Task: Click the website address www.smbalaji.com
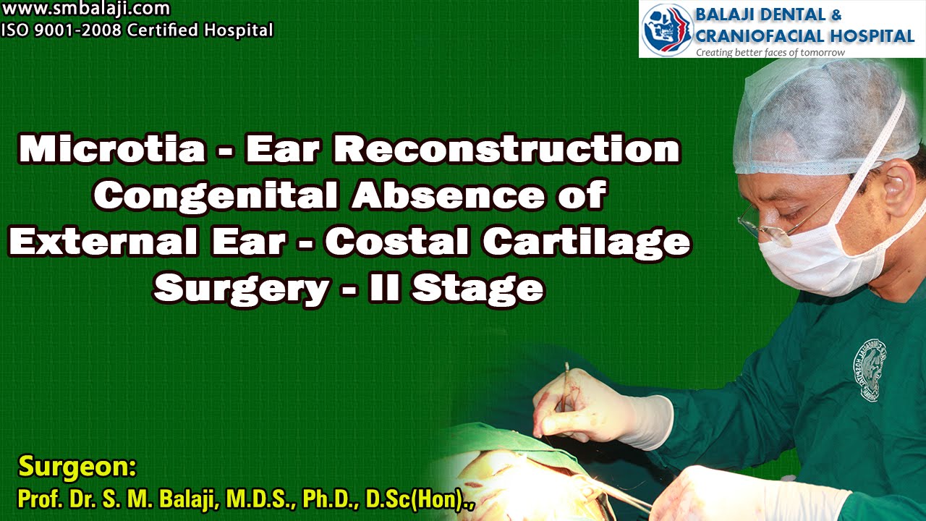85,9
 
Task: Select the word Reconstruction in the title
506,150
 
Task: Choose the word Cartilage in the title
586,244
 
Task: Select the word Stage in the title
477,290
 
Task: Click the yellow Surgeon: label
77,467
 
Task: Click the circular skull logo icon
667,28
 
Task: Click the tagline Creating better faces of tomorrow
770,52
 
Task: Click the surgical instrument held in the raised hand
565,384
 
